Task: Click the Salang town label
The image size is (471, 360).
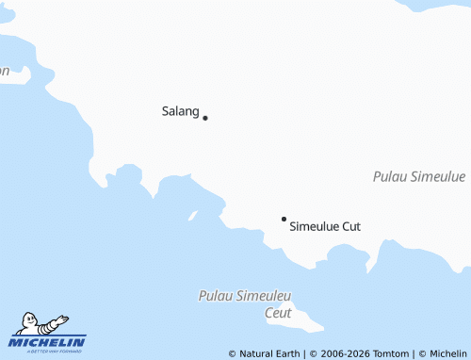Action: pos(180,111)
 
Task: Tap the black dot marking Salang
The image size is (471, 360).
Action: pos(205,118)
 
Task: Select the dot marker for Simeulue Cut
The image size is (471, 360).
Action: pos(284,219)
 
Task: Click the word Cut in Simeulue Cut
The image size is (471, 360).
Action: pos(349,226)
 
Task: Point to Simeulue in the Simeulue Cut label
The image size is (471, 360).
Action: pos(313,226)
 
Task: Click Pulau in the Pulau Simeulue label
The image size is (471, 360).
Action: pos(390,176)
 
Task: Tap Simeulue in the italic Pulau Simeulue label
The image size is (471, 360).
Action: pos(438,176)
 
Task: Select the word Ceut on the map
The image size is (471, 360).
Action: pos(278,313)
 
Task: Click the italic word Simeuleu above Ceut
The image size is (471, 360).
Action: pos(268,296)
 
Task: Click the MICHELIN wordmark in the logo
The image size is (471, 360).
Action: pos(48,341)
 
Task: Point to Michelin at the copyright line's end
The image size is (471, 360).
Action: pos(448,353)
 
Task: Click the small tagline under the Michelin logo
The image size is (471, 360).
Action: pos(48,351)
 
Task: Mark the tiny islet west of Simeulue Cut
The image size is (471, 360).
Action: pos(193,216)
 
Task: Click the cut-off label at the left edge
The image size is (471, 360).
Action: pos(5,71)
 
